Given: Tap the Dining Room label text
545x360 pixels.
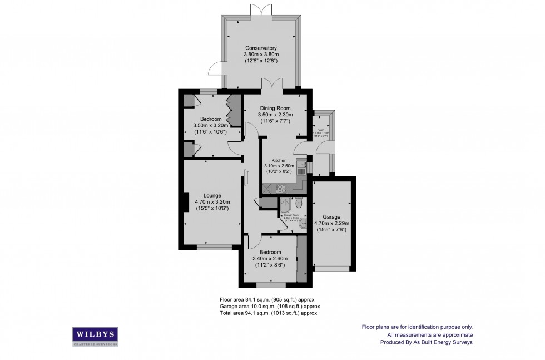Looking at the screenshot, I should [x=275, y=108].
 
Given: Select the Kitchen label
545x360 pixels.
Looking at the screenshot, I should [x=279, y=160].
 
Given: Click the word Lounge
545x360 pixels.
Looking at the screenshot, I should [x=212, y=195].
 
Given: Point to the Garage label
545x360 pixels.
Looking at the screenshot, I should [x=331, y=217].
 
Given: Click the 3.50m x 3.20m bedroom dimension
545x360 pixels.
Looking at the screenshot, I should [x=211, y=125].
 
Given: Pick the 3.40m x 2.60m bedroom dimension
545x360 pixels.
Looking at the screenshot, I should [x=269, y=258].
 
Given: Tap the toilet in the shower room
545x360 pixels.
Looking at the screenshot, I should [x=299, y=203].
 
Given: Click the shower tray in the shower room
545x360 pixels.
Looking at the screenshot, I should [x=285, y=204].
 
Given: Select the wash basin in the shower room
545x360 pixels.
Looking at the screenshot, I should [x=302, y=223].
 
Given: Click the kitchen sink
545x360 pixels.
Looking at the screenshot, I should [x=301, y=165].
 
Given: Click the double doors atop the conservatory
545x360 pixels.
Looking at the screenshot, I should [x=261, y=9].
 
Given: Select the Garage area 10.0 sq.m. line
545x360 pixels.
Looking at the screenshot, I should [x=269, y=306].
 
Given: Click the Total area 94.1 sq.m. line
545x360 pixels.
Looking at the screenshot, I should [x=269, y=313].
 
